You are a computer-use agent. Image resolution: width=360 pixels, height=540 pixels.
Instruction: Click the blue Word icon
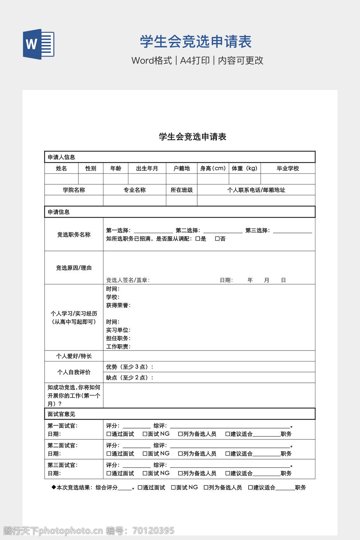[x=39, y=44]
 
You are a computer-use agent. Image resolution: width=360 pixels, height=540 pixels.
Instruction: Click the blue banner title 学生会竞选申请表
[x=196, y=42]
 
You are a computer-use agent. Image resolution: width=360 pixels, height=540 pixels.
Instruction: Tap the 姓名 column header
[x=61, y=168]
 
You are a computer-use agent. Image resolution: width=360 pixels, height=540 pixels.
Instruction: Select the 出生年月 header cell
[x=147, y=168]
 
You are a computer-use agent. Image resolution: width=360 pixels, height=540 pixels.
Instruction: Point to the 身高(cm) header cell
[x=213, y=168]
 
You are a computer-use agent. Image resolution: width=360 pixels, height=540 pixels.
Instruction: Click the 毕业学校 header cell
[x=288, y=168]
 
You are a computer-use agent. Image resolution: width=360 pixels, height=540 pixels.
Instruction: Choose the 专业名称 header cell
[x=134, y=190]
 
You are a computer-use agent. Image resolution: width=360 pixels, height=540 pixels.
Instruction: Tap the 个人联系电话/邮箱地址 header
[x=256, y=190]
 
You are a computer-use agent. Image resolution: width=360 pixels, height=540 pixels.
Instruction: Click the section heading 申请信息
[x=59, y=212]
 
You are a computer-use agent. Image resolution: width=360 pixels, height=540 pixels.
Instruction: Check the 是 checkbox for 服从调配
[x=198, y=239]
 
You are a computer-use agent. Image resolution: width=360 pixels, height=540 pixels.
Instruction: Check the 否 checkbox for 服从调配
[x=217, y=239]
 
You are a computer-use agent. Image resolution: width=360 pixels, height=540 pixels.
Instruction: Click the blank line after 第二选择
[x=223, y=231]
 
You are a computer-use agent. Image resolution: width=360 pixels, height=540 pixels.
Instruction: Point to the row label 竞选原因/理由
[x=74, y=268]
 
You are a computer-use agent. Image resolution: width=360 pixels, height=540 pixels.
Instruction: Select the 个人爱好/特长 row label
[x=74, y=356]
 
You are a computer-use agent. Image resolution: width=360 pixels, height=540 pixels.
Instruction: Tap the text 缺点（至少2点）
[x=129, y=378]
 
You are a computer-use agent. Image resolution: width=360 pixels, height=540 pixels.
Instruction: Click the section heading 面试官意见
[x=62, y=414]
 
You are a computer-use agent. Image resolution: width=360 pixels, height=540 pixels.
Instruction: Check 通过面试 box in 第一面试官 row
[x=109, y=434]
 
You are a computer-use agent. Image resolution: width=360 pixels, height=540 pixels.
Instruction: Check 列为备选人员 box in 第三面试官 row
[x=180, y=474]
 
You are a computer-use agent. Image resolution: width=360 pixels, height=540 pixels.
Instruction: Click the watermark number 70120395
[x=153, y=531]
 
